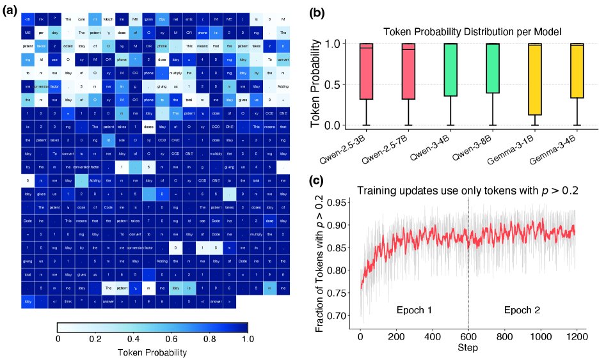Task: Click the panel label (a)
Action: [12, 12]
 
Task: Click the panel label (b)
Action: [319, 12]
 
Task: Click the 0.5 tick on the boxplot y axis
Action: [337, 84]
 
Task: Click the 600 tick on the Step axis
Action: [468, 336]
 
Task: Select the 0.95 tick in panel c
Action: [340, 203]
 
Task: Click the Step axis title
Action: [468, 348]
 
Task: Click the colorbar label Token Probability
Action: [152, 352]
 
